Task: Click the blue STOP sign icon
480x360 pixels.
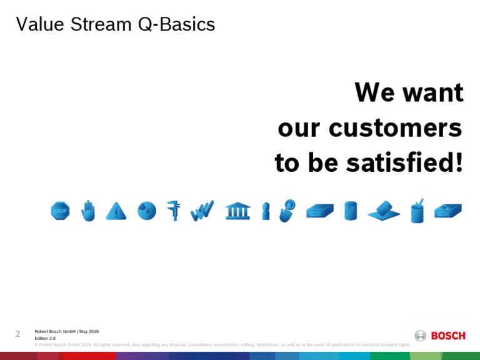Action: [60, 211]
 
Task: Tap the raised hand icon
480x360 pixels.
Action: [88, 211]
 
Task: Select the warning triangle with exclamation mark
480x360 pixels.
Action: [116, 211]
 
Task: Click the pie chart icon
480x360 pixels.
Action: [146, 211]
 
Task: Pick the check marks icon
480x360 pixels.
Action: [202, 211]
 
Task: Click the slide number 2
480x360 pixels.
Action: [18, 334]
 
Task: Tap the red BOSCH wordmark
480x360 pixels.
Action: [448, 336]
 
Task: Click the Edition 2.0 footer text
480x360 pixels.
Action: [45, 338]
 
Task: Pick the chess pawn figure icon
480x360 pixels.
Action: [266, 211]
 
